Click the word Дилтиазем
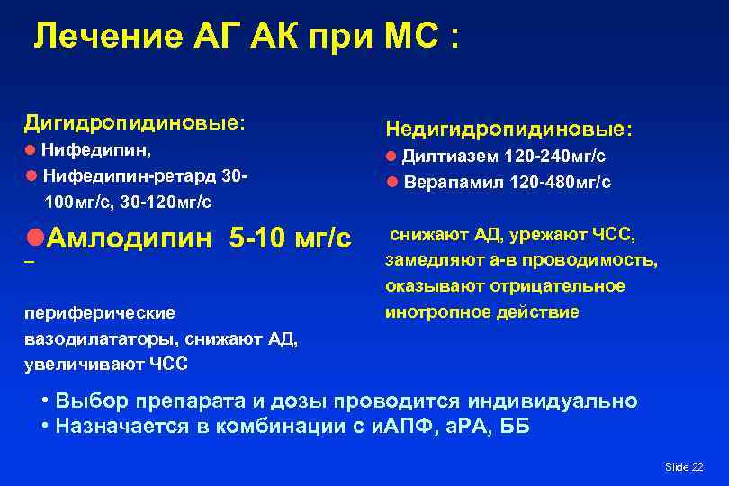click(451, 157)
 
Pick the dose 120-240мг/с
click(554, 157)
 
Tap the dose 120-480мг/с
click(560, 182)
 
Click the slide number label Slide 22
click(684, 466)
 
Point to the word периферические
click(100, 313)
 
